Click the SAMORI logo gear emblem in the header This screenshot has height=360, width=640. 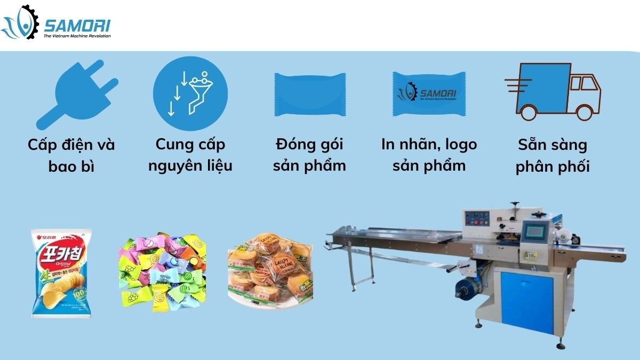click(21, 22)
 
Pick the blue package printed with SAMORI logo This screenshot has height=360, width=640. click(430, 93)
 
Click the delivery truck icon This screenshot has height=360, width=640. click(553, 91)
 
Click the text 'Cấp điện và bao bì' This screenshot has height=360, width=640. click(71, 155)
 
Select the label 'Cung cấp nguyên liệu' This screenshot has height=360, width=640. click(190, 155)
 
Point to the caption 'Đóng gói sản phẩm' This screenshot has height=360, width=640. click(309, 155)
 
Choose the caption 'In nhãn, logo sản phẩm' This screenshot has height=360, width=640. click(429, 155)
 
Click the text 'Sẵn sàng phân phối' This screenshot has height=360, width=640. click(552, 155)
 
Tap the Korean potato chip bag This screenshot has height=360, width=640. click(61, 273)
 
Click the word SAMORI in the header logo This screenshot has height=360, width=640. click(77, 24)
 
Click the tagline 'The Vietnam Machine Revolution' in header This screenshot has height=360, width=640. click(77, 36)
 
